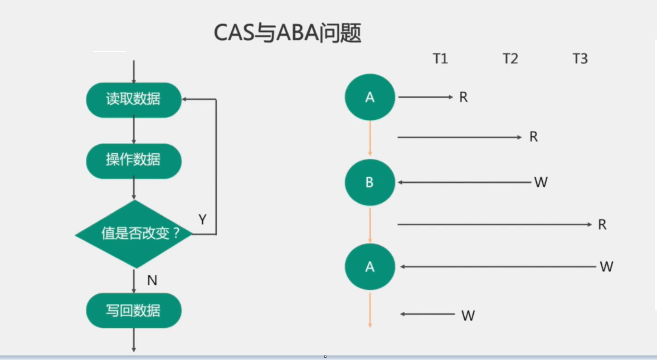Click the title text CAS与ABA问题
(x=287, y=33)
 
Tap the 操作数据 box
(x=134, y=161)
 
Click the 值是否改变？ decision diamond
(x=134, y=234)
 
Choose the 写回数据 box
(x=134, y=311)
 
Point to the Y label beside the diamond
(x=202, y=220)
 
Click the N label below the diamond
(x=152, y=281)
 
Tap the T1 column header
(x=440, y=59)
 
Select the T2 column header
(x=510, y=59)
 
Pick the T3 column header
(x=580, y=59)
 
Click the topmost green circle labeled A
(x=370, y=97)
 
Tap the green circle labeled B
(x=370, y=182)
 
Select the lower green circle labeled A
(x=370, y=267)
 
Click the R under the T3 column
(x=602, y=225)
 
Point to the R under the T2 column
(x=534, y=137)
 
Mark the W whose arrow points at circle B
(x=541, y=183)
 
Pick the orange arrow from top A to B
(x=370, y=138)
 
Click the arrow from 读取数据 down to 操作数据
(x=134, y=130)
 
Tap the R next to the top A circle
(x=463, y=97)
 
